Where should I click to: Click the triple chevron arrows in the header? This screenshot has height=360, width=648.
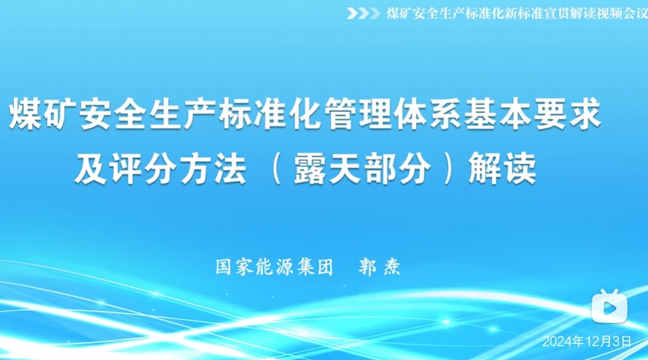pos(363,14)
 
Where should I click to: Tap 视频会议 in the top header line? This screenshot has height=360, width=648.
pos(621,14)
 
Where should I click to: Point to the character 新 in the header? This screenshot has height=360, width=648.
pos(510,14)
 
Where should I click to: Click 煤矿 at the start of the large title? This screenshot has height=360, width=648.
pos(43,114)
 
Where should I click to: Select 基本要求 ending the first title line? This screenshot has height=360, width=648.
pos(532,114)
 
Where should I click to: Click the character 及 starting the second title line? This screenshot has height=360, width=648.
pos(91,168)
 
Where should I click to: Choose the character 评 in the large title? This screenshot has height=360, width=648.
pos(126,168)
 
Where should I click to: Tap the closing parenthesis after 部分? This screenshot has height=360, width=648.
pos(448,168)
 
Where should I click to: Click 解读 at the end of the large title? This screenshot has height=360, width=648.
pos(502,168)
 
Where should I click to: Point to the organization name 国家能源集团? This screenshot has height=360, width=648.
pos(274,267)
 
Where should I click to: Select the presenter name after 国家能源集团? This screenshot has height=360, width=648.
pos(380,267)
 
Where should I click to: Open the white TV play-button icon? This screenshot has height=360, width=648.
pos(610,306)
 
